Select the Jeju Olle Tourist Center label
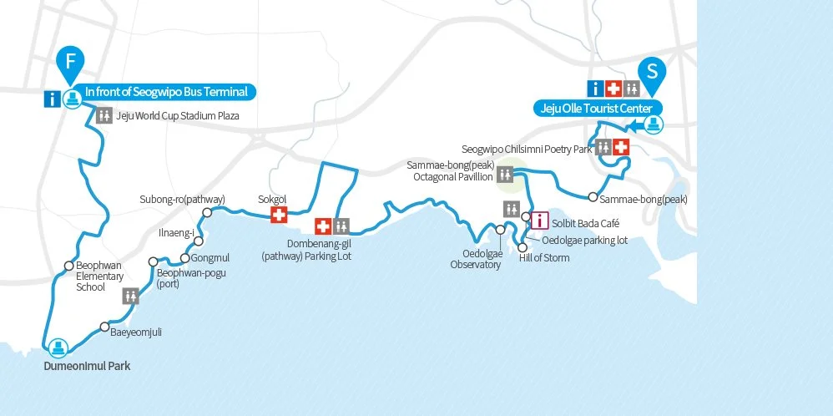click(x=598, y=108)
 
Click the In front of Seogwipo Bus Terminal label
click(x=171, y=92)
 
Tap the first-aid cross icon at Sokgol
click(x=279, y=216)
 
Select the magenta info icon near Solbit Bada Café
click(x=539, y=221)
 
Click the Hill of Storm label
click(x=544, y=257)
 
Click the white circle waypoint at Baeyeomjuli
click(x=104, y=327)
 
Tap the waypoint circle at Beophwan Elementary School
click(x=69, y=266)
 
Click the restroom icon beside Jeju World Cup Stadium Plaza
click(x=104, y=116)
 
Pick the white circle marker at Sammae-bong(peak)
click(x=592, y=198)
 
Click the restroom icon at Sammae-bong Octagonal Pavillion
click(x=506, y=174)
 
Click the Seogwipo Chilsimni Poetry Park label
click(x=526, y=149)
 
